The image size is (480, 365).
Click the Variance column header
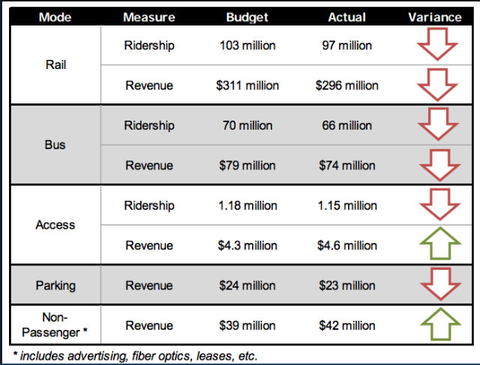(x=435, y=16)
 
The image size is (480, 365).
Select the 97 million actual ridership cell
(x=346, y=46)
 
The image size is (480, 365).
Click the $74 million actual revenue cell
(x=346, y=166)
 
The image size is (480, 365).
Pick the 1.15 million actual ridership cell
(x=346, y=205)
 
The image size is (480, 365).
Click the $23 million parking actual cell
(x=346, y=286)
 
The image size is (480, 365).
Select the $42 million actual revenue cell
(x=346, y=325)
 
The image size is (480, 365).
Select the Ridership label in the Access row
(x=149, y=205)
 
